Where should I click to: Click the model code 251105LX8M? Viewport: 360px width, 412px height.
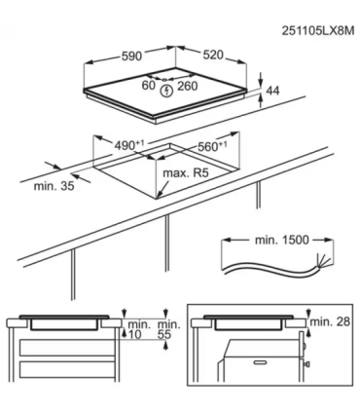tap(318, 30)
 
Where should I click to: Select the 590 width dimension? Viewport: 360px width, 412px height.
tap(131, 56)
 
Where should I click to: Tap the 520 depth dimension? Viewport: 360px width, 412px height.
tap(213, 55)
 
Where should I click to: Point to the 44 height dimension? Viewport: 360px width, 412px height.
tap(272, 91)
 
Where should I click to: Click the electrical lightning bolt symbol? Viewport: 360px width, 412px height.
tap(166, 91)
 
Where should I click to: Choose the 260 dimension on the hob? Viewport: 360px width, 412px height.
tap(188, 86)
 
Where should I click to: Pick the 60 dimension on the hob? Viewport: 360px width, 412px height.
tap(149, 85)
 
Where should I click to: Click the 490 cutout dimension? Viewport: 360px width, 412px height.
tap(129, 145)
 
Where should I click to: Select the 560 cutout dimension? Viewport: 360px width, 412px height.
tap(212, 146)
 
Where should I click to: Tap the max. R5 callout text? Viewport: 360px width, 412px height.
tap(186, 172)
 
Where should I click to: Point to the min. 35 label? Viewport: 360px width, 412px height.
tap(54, 186)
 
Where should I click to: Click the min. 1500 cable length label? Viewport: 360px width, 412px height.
tap(282, 240)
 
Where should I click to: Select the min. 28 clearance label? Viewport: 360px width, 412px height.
tap(330, 321)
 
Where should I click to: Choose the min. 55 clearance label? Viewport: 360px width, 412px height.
tap(168, 329)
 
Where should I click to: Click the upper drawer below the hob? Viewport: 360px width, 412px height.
tap(68, 348)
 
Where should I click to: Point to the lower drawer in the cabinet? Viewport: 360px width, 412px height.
tap(68, 369)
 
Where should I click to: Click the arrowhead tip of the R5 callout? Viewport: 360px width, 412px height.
tap(158, 197)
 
